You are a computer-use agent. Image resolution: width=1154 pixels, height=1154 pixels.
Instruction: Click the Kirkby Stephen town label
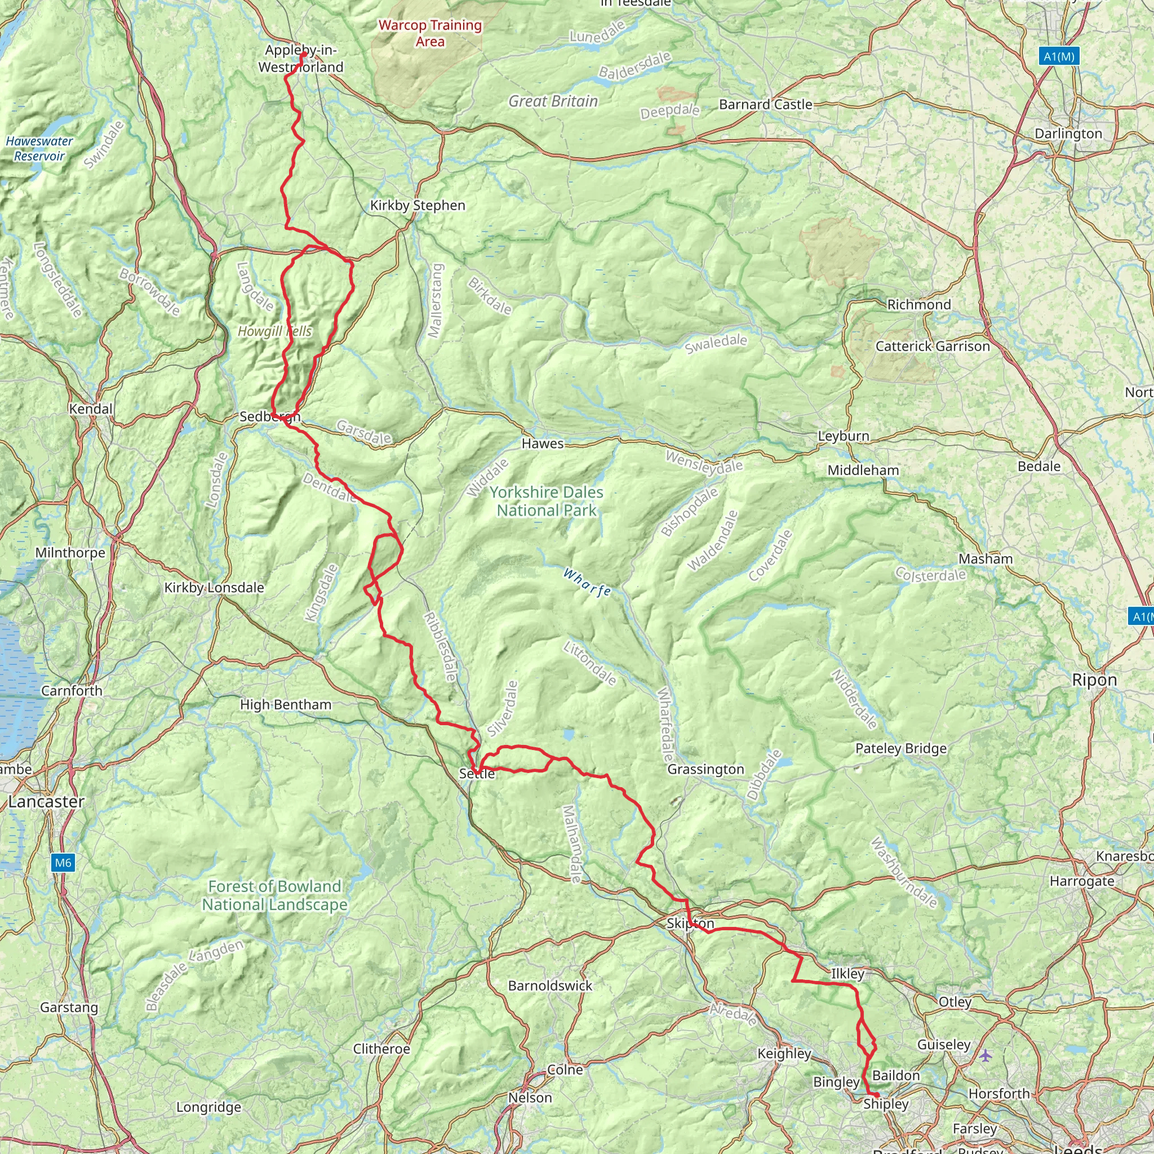418,206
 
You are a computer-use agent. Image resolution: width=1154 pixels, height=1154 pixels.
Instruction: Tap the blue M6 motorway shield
63,863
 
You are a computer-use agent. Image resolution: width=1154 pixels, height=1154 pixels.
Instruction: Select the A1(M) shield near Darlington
1059,57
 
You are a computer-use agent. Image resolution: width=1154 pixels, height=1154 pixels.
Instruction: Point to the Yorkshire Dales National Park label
546,501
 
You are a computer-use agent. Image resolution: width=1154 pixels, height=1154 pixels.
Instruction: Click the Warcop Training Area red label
430,33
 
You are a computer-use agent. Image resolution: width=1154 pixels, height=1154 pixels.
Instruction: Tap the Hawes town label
543,443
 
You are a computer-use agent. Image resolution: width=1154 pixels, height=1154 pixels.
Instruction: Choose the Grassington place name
705,769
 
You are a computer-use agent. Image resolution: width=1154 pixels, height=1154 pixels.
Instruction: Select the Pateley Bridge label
901,748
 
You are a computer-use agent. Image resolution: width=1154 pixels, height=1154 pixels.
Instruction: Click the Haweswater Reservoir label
39,149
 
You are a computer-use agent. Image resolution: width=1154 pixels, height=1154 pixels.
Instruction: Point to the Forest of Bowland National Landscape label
275,895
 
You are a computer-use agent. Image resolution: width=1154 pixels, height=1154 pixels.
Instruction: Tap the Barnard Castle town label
765,105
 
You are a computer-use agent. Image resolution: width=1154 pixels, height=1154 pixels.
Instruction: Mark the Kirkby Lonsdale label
214,588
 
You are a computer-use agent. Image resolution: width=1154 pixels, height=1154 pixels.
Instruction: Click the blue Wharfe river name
587,583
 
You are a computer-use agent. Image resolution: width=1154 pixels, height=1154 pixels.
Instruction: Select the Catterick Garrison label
933,347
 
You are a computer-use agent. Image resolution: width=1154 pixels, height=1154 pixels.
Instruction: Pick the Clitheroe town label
381,1049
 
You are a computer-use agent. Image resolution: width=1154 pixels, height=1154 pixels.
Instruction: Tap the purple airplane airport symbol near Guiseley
986,1055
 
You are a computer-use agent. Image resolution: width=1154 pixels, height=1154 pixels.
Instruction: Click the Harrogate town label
1082,881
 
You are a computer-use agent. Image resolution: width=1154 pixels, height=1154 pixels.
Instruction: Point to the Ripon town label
1094,680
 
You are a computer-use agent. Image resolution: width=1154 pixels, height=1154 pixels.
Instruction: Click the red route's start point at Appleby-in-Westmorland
304,54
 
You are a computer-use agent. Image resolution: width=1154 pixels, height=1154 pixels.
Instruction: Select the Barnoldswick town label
550,986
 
